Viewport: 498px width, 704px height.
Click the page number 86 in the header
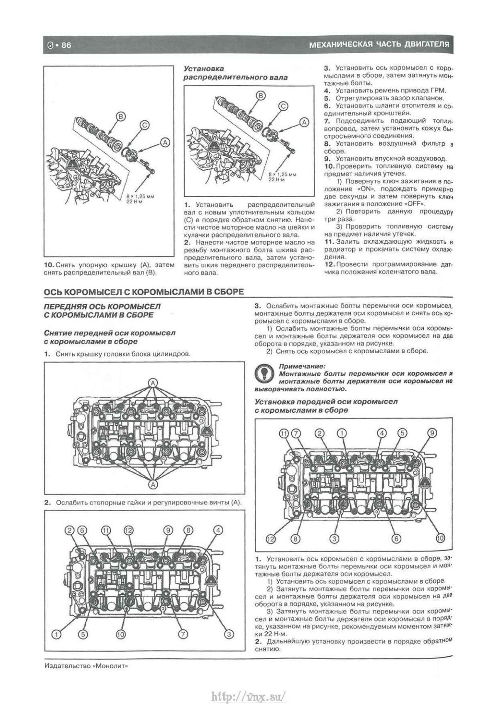click(66, 46)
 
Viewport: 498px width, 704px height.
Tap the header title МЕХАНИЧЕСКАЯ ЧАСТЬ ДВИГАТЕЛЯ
click(379, 44)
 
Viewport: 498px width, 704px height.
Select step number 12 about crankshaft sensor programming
click(328, 264)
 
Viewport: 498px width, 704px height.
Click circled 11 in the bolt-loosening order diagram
click(106, 530)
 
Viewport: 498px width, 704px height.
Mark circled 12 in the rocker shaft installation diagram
click(271, 539)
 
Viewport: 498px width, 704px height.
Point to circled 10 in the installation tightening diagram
click(440, 538)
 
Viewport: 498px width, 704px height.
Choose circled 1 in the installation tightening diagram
click(342, 433)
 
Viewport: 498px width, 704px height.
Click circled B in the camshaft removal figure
click(120, 117)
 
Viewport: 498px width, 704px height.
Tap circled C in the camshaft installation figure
click(283, 106)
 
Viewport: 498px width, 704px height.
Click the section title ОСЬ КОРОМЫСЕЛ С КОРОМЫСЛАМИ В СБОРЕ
click(144, 292)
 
